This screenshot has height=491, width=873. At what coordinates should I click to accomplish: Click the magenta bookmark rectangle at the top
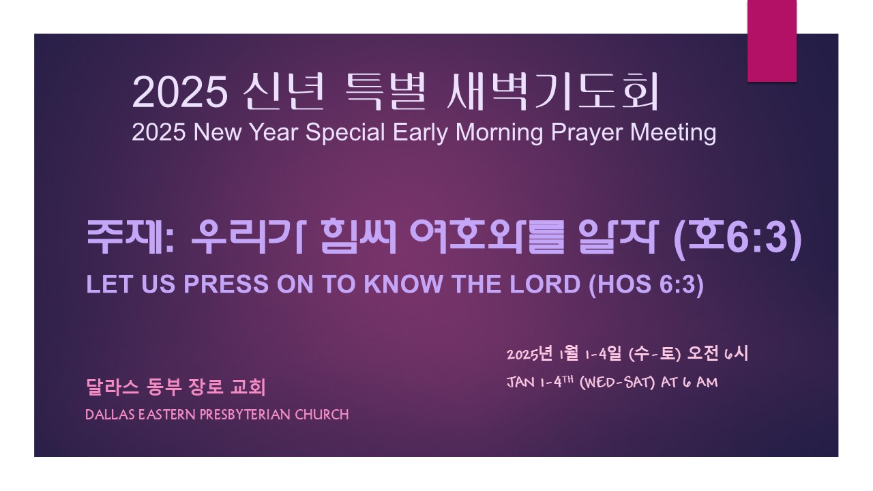click(x=771, y=41)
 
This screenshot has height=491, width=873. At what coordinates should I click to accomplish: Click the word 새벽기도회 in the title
click(x=552, y=92)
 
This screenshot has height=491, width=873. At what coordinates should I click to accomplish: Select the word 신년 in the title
click(x=283, y=92)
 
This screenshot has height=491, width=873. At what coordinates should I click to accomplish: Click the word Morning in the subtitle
click(x=499, y=132)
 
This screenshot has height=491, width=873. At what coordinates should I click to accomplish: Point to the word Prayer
click(x=587, y=132)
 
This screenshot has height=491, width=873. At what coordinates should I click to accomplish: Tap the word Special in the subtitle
click(x=345, y=132)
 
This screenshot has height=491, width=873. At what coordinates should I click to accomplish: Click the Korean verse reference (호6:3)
click(x=738, y=238)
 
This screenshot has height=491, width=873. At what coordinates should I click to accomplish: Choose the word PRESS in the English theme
click(x=226, y=284)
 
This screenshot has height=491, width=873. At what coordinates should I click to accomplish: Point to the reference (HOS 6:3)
click(x=647, y=285)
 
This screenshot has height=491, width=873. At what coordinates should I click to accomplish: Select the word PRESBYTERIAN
click(x=245, y=415)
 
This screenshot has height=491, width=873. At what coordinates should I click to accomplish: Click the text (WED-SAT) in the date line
click(x=617, y=383)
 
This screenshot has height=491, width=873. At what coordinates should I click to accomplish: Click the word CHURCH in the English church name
click(x=322, y=415)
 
